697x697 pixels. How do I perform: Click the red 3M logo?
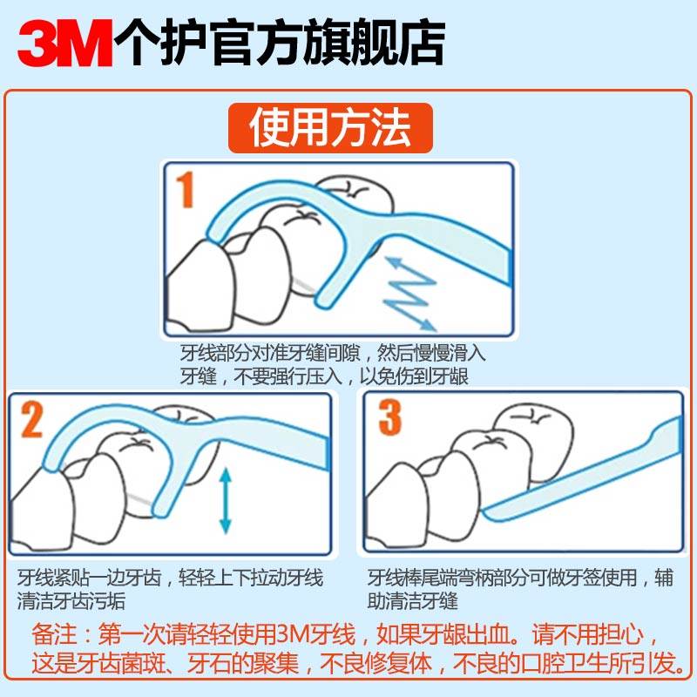[65, 38]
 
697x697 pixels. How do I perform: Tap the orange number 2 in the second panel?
[32, 420]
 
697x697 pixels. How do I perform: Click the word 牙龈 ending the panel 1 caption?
[465, 376]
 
